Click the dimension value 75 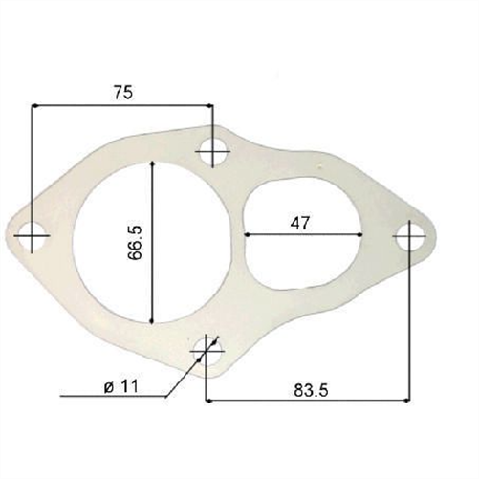coord(121,92)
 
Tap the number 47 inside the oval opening coord(300,222)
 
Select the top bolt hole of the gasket coord(212,150)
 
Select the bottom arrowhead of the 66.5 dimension coord(151,317)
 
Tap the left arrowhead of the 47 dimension coord(250,234)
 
